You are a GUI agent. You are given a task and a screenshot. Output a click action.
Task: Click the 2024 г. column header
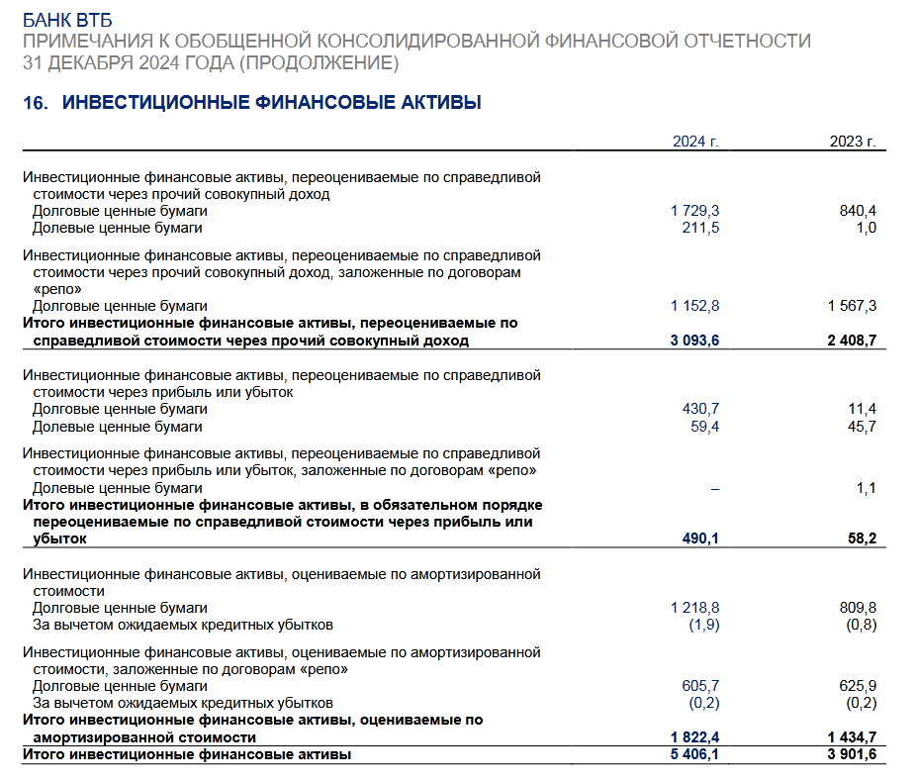[695, 142]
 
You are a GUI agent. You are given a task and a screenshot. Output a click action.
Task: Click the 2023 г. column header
[853, 142]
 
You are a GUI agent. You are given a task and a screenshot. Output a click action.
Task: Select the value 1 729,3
[694, 211]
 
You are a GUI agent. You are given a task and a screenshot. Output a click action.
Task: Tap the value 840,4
[858, 211]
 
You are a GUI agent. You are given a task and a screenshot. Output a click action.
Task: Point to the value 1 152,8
[694, 306]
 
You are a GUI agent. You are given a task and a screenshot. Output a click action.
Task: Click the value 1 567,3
[852, 306]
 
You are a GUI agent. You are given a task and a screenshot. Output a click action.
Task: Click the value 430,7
[700, 409]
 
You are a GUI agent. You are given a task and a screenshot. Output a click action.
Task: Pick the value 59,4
[703, 427]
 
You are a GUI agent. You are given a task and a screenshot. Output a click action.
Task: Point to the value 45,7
[861, 427]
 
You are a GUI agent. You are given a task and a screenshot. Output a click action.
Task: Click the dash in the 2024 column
[714, 488]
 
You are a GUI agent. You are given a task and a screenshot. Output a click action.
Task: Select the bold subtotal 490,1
[699, 538]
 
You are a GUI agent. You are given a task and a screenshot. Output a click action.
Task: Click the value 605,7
[700, 686]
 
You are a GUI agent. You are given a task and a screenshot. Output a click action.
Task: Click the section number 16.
[36, 103]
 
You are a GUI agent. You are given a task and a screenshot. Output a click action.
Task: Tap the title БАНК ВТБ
[67, 20]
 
